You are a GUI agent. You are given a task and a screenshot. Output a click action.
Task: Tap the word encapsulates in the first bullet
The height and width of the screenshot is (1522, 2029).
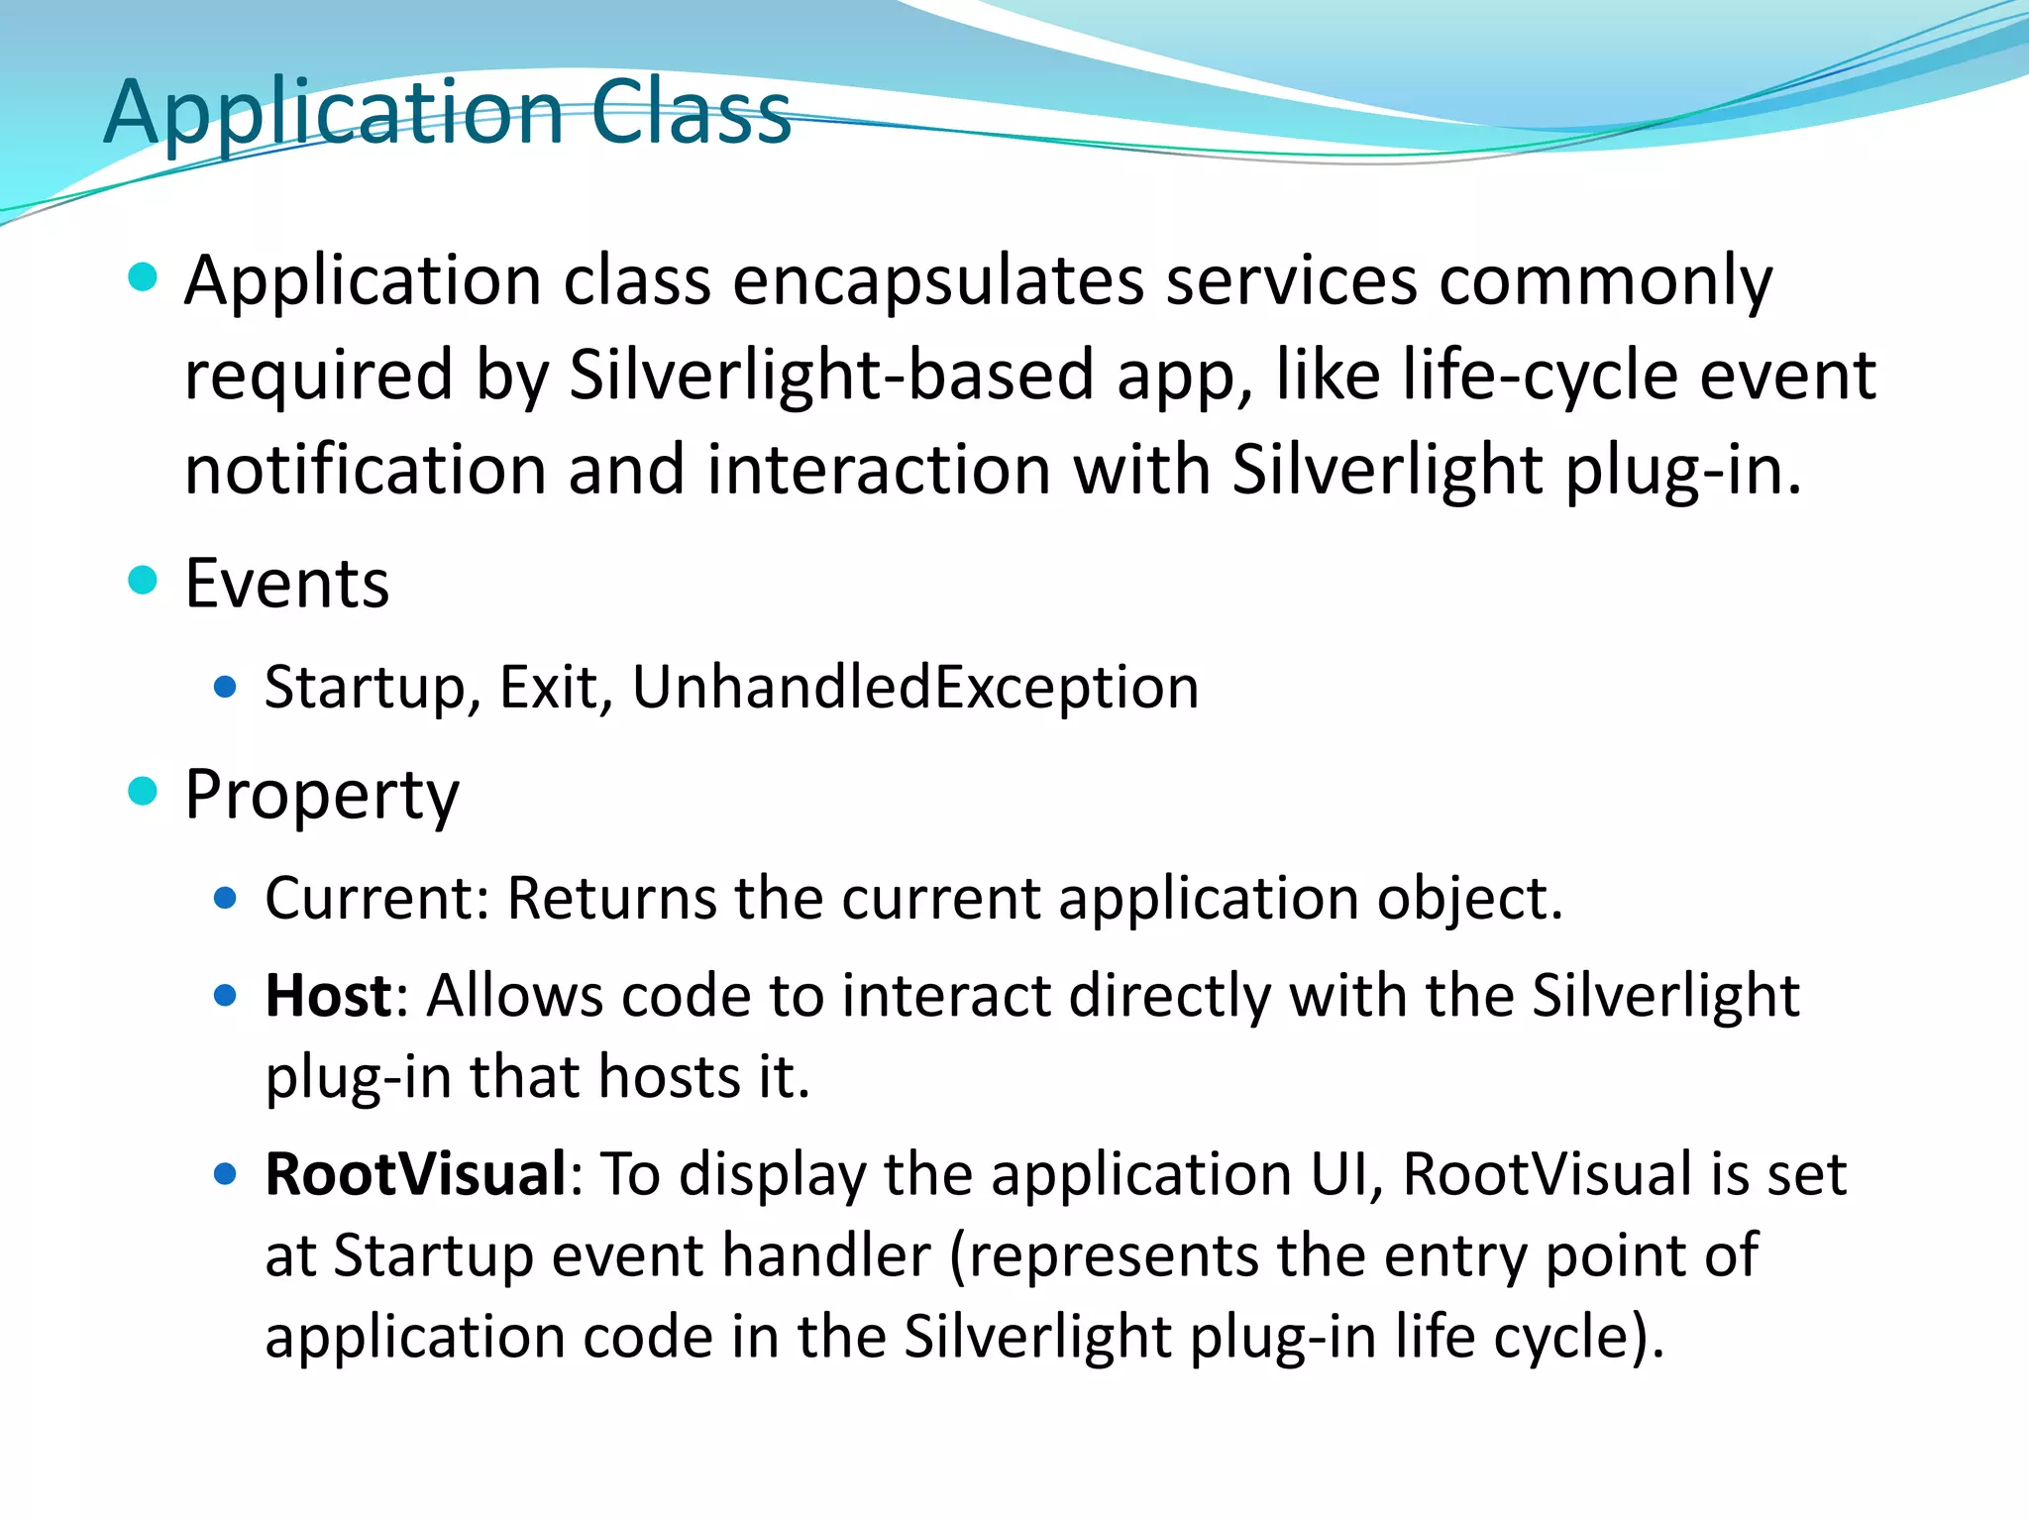937,280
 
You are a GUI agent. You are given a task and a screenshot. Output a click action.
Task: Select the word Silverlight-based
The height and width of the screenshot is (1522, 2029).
831,375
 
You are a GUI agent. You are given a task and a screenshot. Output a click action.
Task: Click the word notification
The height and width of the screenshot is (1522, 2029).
365,469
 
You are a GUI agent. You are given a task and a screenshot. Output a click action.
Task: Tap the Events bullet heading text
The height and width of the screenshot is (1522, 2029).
286,583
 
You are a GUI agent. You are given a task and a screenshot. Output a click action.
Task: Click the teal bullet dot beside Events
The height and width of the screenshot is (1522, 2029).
144,580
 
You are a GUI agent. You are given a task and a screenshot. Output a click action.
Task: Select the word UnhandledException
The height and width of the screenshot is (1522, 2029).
914,687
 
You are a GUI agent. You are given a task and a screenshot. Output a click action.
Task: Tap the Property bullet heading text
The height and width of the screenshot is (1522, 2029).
322,796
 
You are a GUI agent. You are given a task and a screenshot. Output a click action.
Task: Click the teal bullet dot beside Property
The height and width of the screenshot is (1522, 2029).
144,791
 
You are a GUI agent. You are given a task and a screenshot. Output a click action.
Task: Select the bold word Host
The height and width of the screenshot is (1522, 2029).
328,995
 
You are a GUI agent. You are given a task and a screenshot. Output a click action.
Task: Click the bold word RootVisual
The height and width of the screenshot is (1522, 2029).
415,1174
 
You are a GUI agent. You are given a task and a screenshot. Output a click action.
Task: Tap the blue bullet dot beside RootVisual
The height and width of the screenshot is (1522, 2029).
226,1174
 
